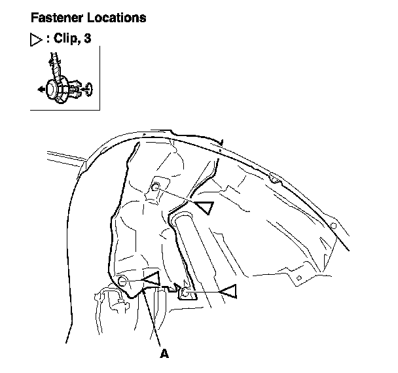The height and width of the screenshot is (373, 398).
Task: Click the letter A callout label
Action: click(x=164, y=354)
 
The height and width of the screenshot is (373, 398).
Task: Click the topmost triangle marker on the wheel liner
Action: click(x=204, y=208)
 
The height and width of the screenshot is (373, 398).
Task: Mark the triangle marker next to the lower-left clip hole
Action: click(x=151, y=279)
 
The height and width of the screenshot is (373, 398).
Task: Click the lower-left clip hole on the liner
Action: click(x=122, y=281)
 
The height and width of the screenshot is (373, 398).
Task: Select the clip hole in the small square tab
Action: click(x=184, y=293)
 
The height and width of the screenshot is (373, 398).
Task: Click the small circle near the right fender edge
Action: click(x=333, y=226)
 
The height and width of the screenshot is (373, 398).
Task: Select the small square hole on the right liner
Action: click(x=298, y=277)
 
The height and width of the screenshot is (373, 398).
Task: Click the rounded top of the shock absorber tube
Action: click(x=182, y=218)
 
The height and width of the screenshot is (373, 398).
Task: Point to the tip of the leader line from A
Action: click(x=145, y=290)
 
